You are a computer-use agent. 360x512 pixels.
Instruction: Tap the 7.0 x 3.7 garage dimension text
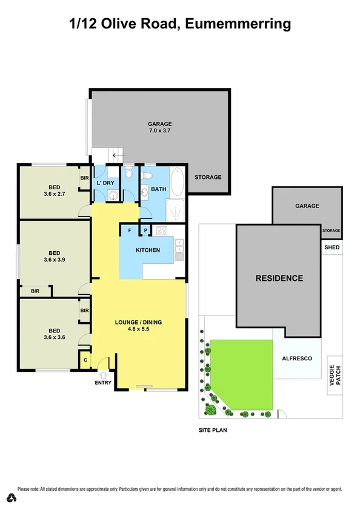161,130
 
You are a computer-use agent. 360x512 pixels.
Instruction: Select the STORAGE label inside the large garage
208,177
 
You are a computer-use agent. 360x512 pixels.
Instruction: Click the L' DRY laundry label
105,183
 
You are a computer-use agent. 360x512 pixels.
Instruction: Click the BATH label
158,189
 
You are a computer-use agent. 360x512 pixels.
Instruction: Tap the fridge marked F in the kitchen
129,231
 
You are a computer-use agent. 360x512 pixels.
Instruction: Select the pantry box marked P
145,231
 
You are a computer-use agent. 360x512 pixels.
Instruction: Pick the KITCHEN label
148,250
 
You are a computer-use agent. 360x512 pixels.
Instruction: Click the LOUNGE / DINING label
139,322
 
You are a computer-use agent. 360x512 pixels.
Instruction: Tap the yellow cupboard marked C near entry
85,360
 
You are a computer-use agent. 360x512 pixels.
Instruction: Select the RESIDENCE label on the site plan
279,278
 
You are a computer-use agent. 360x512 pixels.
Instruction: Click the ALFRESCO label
297,359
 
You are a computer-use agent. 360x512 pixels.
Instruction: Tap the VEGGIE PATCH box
335,374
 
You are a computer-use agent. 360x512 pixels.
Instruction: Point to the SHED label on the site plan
332,247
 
